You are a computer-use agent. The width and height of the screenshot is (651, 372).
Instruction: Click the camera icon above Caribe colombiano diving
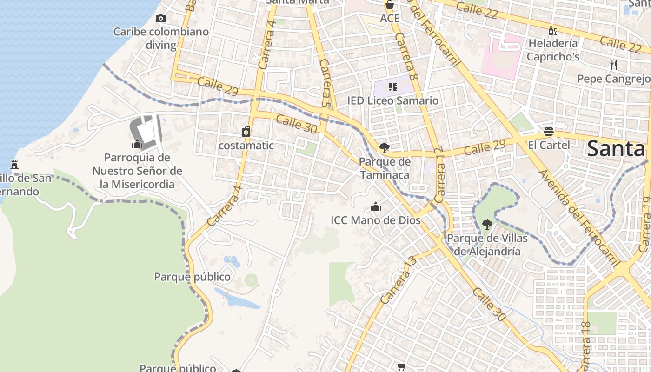point(161,19)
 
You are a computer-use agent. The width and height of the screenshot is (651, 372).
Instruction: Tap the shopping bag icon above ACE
point(390,5)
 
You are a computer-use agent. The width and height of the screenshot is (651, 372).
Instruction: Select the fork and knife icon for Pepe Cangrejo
point(614,65)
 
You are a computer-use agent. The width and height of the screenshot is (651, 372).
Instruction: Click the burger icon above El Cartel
point(549,132)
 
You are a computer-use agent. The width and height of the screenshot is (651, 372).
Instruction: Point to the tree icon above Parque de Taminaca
point(384,148)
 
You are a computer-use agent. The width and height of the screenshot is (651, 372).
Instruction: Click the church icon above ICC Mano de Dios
point(376,206)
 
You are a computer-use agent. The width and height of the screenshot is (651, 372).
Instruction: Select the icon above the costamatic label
point(246,132)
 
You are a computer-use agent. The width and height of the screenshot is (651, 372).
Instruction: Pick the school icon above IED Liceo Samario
point(393,87)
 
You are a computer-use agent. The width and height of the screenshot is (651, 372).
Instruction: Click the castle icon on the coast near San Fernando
point(14,164)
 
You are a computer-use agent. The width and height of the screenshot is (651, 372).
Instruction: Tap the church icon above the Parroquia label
point(137,144)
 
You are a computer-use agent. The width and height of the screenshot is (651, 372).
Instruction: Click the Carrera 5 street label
point(327,84)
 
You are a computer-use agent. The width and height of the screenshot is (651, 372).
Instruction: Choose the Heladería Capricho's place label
point(552,50)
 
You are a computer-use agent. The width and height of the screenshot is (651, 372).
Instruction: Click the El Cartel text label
point(549,145)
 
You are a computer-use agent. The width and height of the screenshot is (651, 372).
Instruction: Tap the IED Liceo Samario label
point(393,100)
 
